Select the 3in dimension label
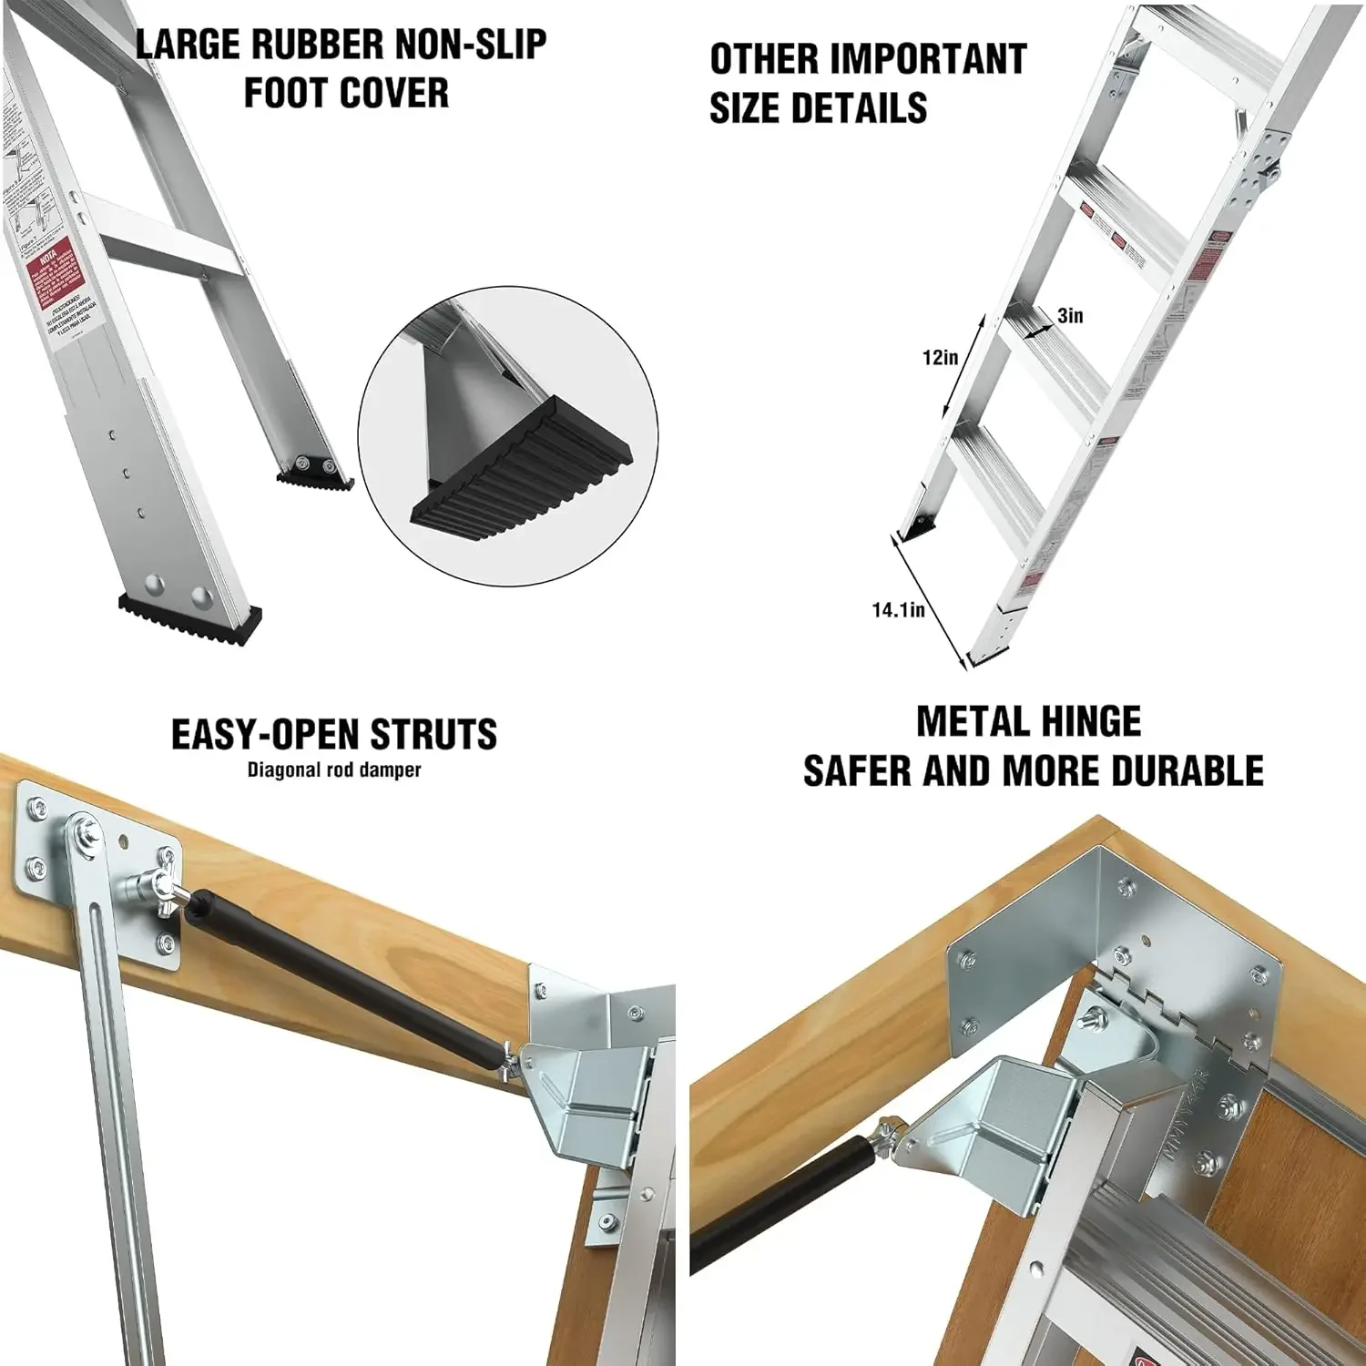(x=1070, y=315)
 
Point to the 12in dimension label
(x=940, y=357)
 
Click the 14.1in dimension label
(x=898, y=610)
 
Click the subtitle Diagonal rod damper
(x=334, y=770)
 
